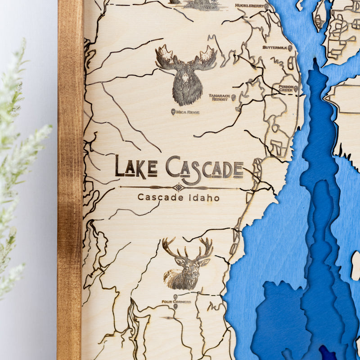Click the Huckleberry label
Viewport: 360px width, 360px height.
click(x=249, y=6)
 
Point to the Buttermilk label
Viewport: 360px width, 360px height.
click(x=274, y=47)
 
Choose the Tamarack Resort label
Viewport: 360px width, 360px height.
click(x=219, y=97)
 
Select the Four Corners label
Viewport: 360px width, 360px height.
click(x=176, y=301)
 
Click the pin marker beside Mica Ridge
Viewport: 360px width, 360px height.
click(x=173, y=112)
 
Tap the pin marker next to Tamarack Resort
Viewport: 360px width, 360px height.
click(x=234, y=97)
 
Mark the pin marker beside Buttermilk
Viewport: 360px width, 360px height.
click(x=290, y=48)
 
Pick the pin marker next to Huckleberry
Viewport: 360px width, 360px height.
click(x=266, y=6)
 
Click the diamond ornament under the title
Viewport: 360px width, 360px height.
click(x=179, y=187)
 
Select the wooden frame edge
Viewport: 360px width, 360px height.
click(x=70, y=180)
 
